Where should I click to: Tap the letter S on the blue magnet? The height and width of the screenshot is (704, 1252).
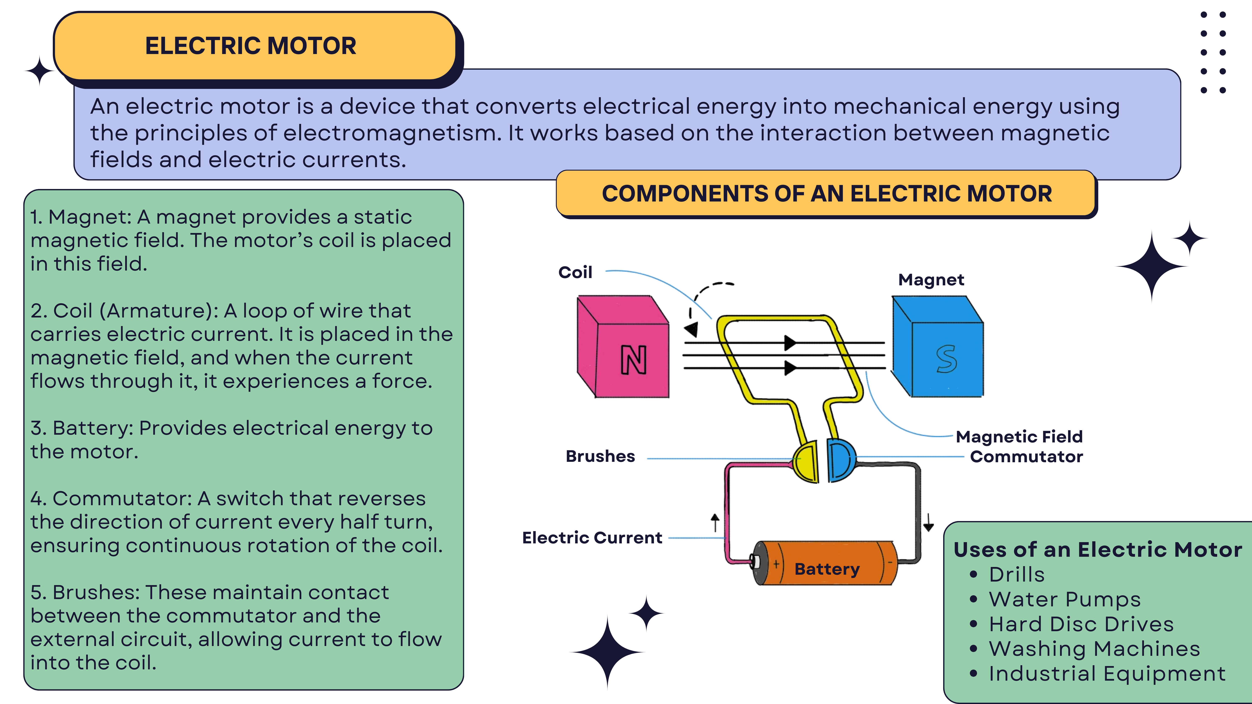[946, 359]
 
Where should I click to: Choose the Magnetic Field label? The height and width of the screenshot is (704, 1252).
[1019, 437]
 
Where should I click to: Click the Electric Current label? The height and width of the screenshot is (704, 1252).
[592, 538]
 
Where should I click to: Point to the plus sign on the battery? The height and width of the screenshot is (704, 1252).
[776, 564]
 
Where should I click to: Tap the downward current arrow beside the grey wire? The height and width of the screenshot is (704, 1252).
[928, 523]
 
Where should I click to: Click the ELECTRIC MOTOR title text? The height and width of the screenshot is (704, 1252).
[251, 46]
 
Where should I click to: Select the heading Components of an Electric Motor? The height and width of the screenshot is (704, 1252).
[827, 194]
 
